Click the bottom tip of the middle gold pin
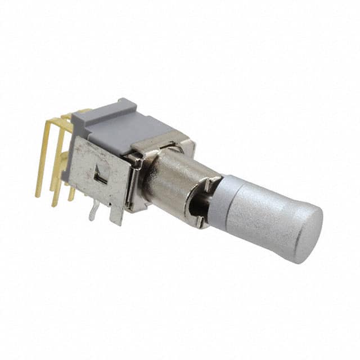[x=55, y=204]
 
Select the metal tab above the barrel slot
[x=211, y=183]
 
